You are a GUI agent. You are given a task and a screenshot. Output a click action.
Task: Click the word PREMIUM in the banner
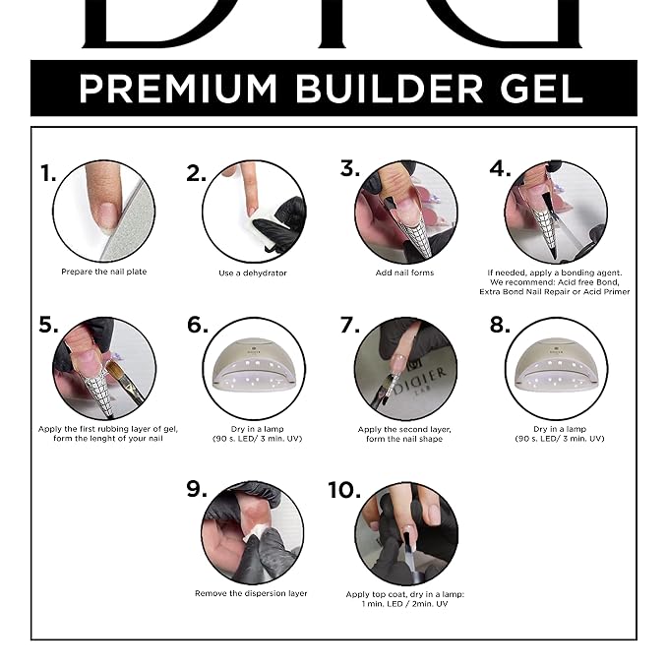[178, 89]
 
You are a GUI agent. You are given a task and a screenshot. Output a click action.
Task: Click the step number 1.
[47, 173]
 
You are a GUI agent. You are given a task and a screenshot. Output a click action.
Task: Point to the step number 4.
[500, 168]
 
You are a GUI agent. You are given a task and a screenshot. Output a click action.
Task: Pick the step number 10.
[344, 490]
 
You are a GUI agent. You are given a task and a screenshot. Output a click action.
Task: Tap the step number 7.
[349, 325]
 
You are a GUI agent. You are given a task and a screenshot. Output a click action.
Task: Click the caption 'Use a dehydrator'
[253, 273]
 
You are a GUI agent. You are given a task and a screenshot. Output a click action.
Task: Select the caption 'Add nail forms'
[404, 273]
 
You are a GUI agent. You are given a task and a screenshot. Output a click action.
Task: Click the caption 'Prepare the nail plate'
[104, 272]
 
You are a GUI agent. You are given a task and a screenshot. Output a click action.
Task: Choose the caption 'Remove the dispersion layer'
[251, 593]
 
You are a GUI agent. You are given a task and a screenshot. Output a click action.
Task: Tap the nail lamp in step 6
[254, 366]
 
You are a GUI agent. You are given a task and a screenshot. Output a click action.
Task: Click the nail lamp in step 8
[557, 366]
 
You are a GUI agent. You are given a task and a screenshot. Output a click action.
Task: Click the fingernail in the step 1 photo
[105, 214]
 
